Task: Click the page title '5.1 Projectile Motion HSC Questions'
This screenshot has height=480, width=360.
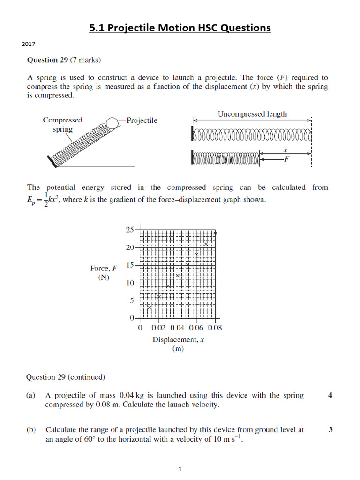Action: point(180,28)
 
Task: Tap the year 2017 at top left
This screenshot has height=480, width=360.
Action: point(29,45)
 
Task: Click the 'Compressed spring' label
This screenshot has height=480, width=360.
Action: point(62,124)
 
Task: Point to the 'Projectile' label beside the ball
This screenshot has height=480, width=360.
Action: point(142,120)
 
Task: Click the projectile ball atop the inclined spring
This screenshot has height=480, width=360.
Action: point(113,123)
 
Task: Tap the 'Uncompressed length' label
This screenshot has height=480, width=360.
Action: point(252,114)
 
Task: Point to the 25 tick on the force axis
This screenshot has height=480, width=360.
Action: point(129,230)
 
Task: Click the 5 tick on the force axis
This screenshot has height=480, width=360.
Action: point(131,301)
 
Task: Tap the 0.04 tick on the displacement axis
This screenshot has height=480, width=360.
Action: point(177,328)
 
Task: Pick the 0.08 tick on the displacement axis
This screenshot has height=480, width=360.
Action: point(214,328)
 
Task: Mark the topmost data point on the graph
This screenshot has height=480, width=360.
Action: point(215,233)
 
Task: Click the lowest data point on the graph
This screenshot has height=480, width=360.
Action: point(150,307)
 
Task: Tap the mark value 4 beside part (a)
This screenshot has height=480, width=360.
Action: point(330,396)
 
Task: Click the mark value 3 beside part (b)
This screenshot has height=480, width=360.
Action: point(330,429)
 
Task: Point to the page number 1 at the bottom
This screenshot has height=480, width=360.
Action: point(180,470)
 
